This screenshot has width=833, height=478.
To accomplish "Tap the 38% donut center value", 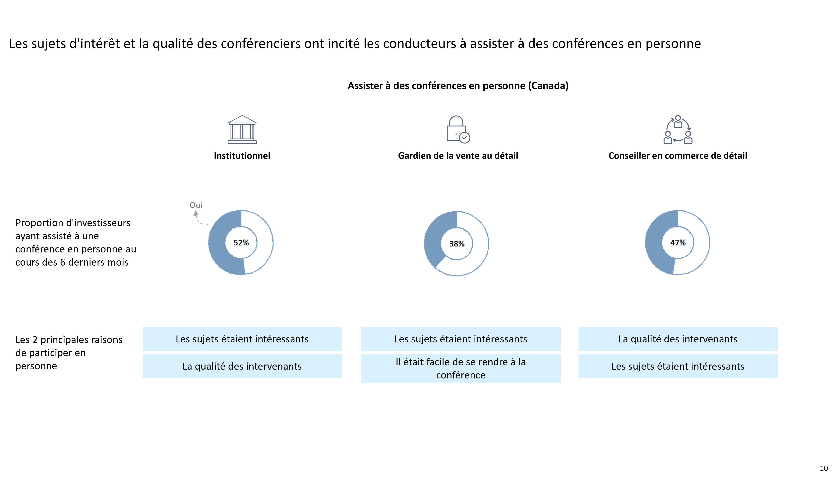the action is click(457, 244).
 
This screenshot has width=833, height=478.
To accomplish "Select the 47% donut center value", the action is click(678, 243).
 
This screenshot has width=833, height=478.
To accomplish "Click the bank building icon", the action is click(242, 129).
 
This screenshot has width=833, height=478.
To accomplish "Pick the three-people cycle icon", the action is click(678, 129).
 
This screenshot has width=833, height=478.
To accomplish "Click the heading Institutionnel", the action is click(242, 156).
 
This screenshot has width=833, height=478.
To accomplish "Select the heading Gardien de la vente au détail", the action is click(458, 156).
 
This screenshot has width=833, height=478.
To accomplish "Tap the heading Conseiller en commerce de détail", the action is click(678, 156).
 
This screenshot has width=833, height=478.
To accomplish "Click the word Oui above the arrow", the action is click(196, 205).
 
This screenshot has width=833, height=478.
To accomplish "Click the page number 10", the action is click(823, 468).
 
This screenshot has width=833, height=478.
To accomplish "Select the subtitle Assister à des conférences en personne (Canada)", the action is click(458, 86).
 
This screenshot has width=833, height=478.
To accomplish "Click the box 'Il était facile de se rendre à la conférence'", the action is click(461, 368).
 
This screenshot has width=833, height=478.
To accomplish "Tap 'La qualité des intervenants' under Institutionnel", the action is click(242, 366).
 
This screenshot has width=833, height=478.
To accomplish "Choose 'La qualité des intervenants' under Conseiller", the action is click(678, 339).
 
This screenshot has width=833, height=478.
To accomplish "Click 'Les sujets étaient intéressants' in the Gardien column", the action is click(461, 339).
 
